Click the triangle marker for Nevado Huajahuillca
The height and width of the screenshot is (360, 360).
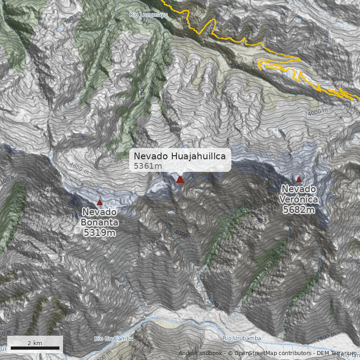click(x=180, y=180)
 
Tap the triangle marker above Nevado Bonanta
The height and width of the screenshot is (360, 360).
click(x=99, y=202)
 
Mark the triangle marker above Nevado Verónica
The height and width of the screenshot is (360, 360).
click(x=299, y=179)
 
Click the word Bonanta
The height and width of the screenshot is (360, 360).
click(x=100, y=222)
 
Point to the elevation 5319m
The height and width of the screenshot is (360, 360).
click(x=100, y=232)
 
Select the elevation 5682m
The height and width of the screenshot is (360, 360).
click(x=299, y=209)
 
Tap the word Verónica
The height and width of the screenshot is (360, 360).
click(x=299, y=199)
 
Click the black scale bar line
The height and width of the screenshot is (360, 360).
click(x=34, y=348)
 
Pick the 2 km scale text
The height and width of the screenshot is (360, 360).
click(x=35, y=343)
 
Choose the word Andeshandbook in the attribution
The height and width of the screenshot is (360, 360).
click(x=201, y=353)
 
